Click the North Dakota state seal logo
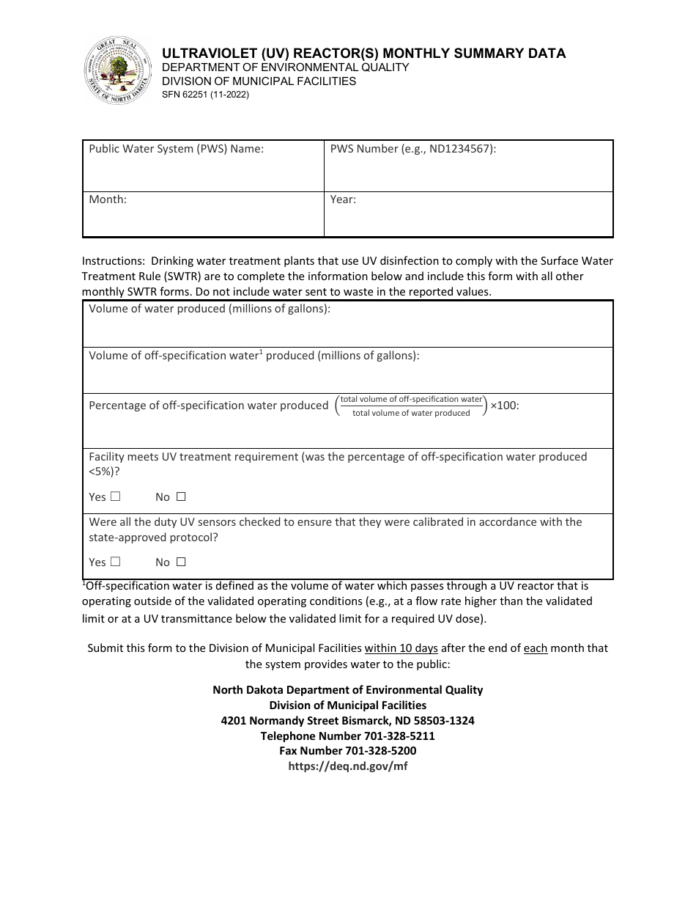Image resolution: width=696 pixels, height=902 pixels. [x=117, y=71]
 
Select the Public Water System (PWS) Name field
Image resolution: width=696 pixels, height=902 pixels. [x=203, y=172]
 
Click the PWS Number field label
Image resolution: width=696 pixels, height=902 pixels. [x=413, y=149]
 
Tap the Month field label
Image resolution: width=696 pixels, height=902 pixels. [x=108, y=199]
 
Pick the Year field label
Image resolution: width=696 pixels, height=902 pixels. [x=343, y=199]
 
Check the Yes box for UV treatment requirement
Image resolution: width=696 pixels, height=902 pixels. [x=115, y=496]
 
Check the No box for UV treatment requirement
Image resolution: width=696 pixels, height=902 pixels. [x=181, y=496]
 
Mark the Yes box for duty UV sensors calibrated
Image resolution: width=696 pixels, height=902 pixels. [x=115, y=562]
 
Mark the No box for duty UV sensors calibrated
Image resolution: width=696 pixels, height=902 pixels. [x=181, y=562]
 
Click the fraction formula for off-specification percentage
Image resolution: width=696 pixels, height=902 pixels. [x=411, y=406]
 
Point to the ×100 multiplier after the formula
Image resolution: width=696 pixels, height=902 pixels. [x=505, y=406]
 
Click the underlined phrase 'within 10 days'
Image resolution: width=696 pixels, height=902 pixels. [x=401, y=648]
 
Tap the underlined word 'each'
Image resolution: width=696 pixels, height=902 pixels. [x=536, y=648]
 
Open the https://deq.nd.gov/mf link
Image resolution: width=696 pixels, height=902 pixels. [x=347, y=766]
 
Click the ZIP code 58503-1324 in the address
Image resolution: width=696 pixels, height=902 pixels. [x=445, y=721]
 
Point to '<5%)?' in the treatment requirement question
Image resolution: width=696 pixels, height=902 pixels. [x=104, y=472]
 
